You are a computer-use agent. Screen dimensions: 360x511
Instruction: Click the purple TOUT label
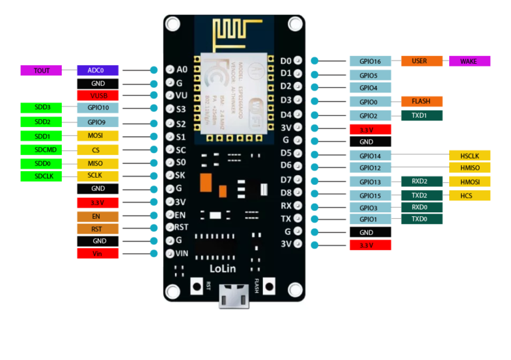click(41, 70)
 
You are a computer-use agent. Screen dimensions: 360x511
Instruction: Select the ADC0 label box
click(98, 70)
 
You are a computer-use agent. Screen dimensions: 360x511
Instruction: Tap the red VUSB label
click(98, 96)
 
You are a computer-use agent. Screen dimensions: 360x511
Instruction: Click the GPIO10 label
click(98, 108)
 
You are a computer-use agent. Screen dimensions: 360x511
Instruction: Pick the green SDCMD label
click(41, 150)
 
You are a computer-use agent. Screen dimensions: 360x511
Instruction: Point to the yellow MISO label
click(98, 163)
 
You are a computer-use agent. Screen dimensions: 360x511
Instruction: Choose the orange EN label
click(98, 216)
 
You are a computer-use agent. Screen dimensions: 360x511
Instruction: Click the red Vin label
click(98, 254)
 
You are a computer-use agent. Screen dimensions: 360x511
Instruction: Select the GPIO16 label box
click(370, 61)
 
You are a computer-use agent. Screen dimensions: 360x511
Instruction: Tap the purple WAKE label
click(470, 61)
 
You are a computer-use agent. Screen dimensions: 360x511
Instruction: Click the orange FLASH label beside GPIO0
click(421, 102)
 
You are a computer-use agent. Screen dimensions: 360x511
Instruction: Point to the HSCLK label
click(470, 156)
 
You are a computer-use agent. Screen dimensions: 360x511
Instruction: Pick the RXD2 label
click(421, 181)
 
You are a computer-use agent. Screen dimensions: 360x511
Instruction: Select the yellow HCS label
click(470, 196)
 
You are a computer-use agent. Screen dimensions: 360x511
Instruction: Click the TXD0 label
click(421, 219)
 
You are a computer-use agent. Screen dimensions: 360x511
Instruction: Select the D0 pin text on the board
click(286, 61)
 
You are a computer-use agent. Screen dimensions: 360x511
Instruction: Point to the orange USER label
click(421, 61)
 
